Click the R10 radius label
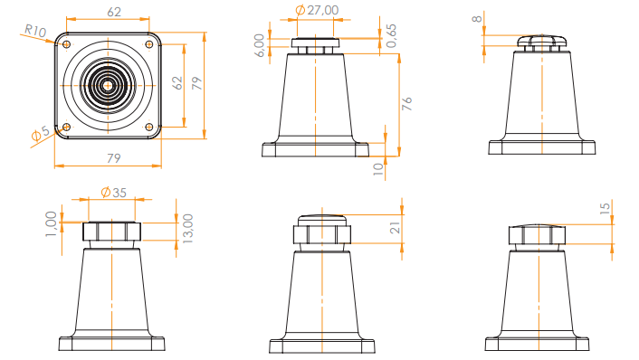point(34,31)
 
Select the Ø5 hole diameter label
point(40,134)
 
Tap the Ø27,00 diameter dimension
point(317,10)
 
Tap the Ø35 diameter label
point(112,192)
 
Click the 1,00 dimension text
point(51,222)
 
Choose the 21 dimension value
point(395,228)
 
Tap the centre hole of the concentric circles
point(108,85)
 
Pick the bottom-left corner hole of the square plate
point(66,128)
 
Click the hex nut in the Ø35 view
point(111,232)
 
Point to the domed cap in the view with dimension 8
point(540,40)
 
